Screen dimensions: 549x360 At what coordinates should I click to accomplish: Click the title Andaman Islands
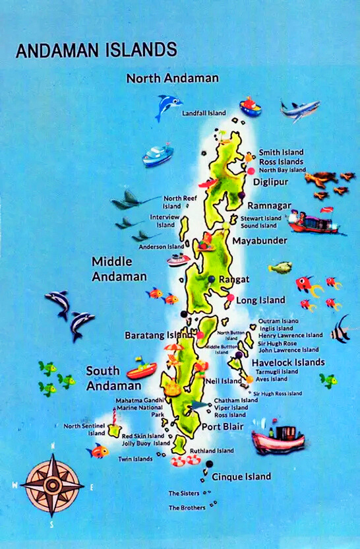(x=96, y=50)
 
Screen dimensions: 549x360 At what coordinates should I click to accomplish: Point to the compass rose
(x=51, y=485)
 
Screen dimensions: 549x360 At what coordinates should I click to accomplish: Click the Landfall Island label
(x=204, y=113)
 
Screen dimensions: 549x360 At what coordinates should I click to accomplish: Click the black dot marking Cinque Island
(x=209, y=465)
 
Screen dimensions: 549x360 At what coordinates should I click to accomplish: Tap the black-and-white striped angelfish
(x=341, y=329)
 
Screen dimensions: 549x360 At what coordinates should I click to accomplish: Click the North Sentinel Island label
(x=84, y=430)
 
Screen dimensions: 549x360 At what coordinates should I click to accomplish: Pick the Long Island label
(x=260, y=300)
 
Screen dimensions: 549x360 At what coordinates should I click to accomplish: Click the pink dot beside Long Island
(x=230, y=298)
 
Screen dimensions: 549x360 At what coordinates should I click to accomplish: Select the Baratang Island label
(x=158, y=335)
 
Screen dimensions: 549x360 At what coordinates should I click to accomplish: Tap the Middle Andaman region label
(x=119, y=269)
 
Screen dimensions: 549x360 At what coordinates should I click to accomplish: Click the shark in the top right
(x=300, y=110)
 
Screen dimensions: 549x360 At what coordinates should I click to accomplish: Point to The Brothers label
(x=187, y=507)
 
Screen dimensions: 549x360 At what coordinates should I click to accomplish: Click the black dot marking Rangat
(x=211, y=279)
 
